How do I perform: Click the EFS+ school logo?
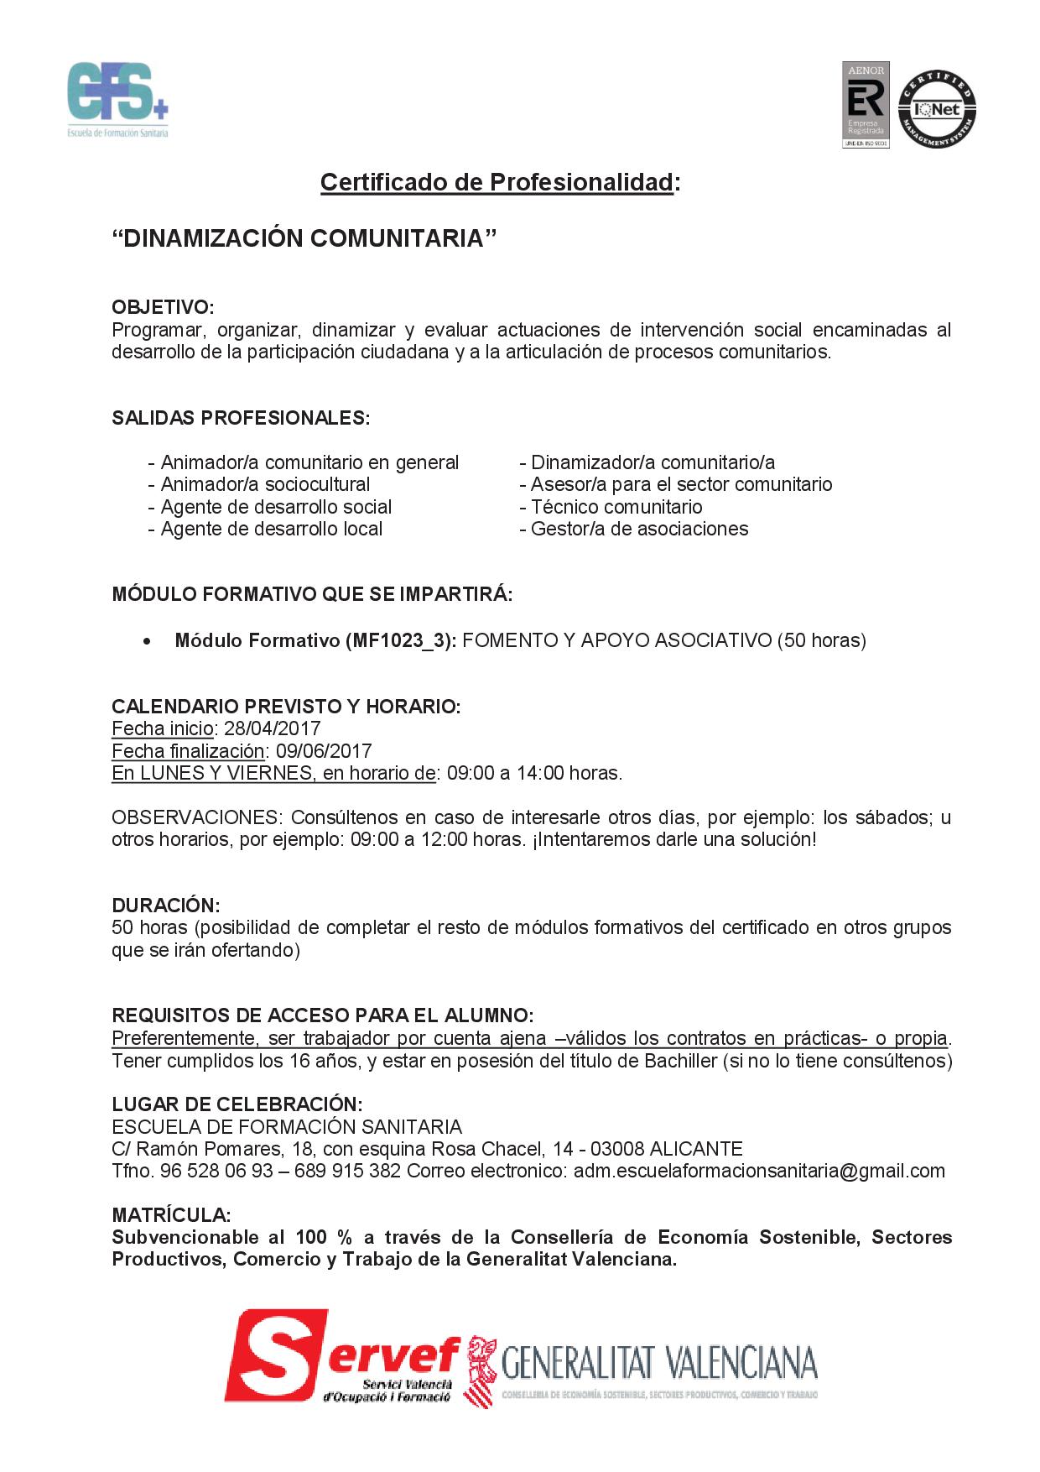[x=117, y=99]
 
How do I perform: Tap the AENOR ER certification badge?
[x=866, y=104]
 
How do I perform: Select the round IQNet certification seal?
[x=937, y=108]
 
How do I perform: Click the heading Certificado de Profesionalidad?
[x=497, y=182]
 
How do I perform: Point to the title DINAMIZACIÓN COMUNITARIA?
[x=304, y=238]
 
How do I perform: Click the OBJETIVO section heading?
[x=163, y=307]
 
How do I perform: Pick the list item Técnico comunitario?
[x=616, y=507]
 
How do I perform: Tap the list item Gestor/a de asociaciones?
[x=639, y=529]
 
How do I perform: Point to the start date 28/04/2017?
[x=273, y=728]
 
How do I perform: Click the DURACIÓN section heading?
[x=165, y=906]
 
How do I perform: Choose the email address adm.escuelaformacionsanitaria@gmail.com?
[x=759, y=1171]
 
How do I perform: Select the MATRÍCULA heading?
[x=171, y=1214]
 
